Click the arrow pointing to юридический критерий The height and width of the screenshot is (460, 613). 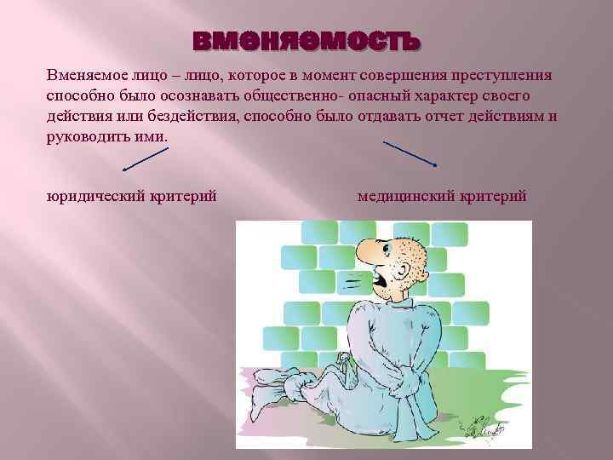pyautogui.click(x=146, y=158)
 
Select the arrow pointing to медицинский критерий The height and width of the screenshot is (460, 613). pyautogui.click(x=410, y=152)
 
